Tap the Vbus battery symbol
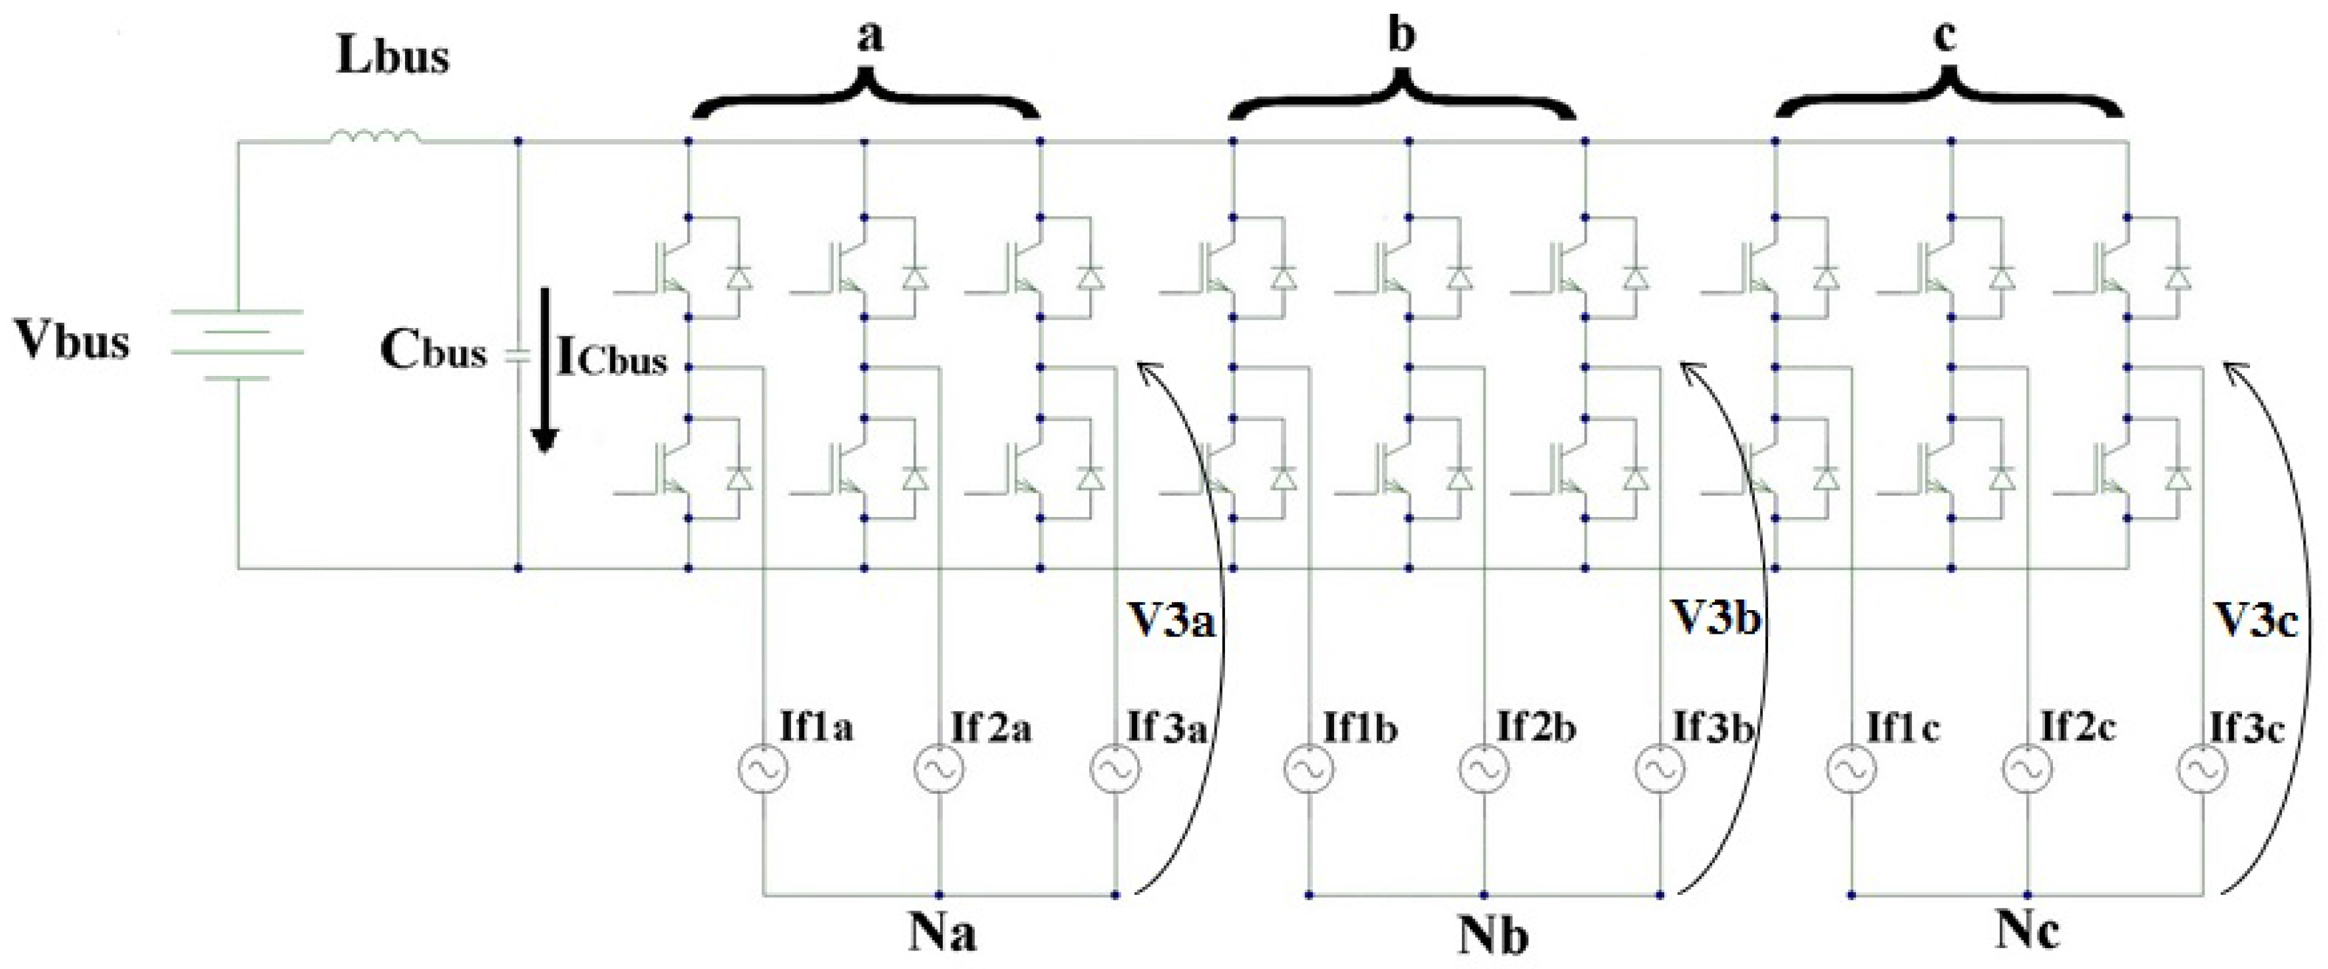point(237,344)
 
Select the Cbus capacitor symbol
point(516,356)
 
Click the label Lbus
point(392,57)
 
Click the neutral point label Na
point(941,934)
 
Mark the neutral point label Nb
point(1493,936)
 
